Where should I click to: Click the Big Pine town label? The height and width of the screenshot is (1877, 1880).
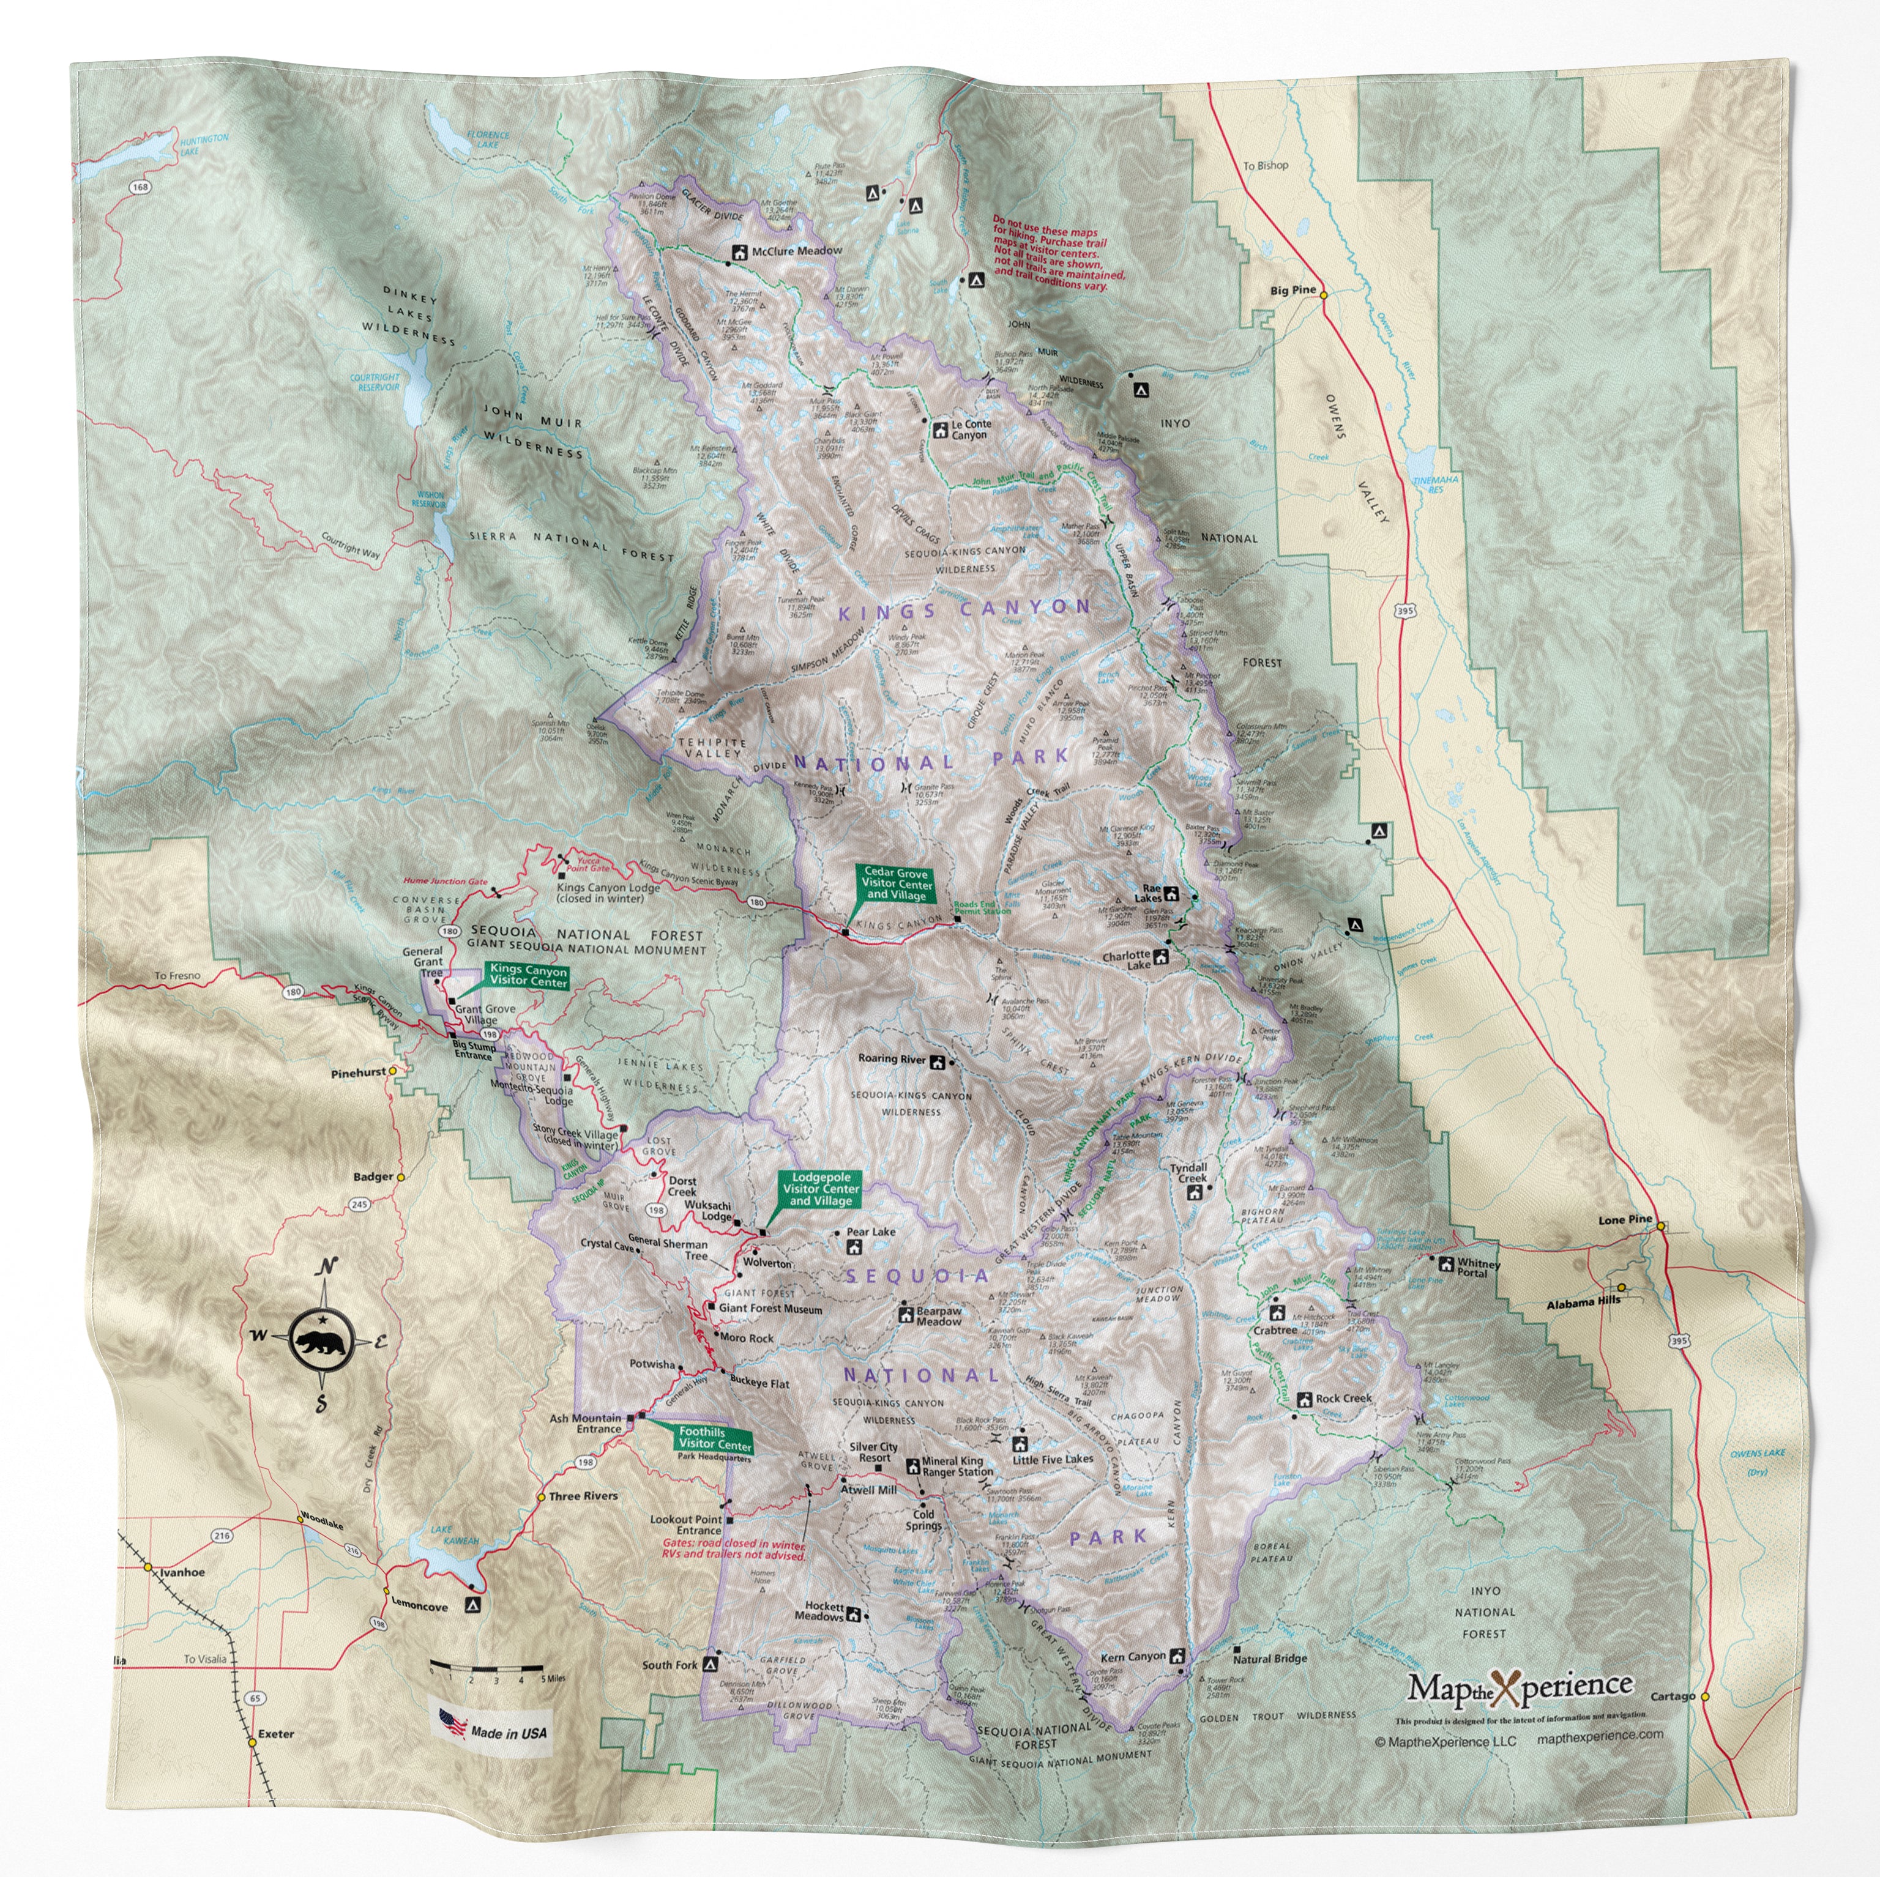(1292, 290)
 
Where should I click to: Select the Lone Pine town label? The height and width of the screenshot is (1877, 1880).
(1624, 1219)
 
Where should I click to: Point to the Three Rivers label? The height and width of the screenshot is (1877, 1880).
(583, 1496)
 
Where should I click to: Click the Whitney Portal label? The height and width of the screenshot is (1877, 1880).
(1478, 1268)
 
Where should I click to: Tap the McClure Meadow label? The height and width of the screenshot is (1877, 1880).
(796, 251)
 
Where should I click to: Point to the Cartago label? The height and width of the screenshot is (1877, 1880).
(1672, 1696)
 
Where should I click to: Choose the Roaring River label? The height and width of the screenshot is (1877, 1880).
(890, 1058)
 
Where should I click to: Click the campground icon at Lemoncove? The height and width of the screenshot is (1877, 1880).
(473, 1605)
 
